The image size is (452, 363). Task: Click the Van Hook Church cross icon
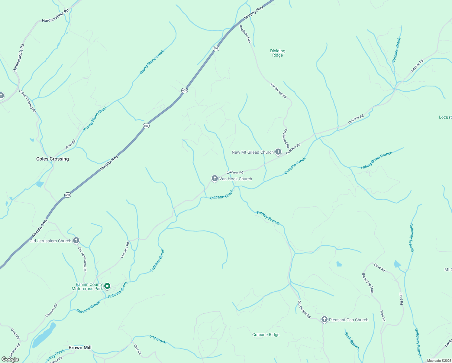point(215,178)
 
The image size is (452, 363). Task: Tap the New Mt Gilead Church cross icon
point(278,152)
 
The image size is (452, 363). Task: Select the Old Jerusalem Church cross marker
point(76,240)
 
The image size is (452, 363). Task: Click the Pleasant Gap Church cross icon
point(324,319)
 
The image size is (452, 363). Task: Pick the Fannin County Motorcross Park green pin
point(107,286)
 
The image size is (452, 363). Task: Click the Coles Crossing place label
point(53,159)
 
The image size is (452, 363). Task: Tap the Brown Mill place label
point(80,348)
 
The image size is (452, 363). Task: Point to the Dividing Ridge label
point(277,53)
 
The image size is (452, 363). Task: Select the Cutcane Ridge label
point(266,335)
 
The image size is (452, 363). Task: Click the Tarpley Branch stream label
point(268,218)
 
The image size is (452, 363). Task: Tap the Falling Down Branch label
point(376,160)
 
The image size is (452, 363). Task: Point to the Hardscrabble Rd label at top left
point(55,16)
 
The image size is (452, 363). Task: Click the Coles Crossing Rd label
point(27,101)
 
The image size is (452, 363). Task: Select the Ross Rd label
point(70,144)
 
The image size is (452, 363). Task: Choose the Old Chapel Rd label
point(304,309)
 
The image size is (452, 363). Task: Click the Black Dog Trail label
point(368,283)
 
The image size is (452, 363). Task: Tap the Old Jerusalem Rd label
point(82,259)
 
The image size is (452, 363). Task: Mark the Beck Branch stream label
point(352,341)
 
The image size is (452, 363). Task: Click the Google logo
point(10,359)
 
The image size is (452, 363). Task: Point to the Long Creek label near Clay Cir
point(157,339)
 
